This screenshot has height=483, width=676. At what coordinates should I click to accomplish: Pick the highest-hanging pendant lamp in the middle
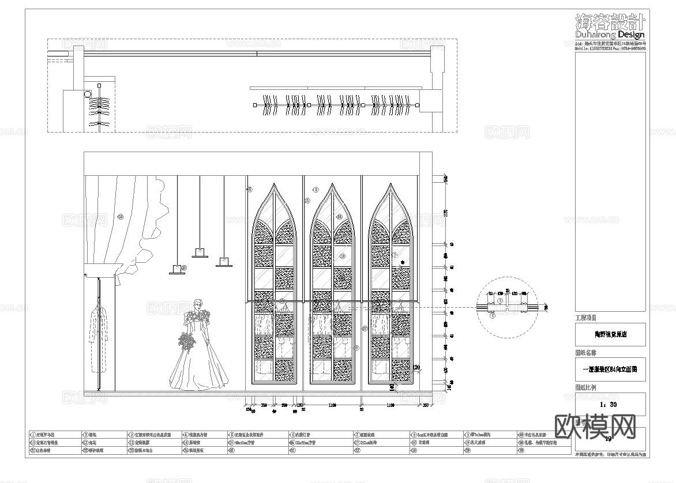[200, 252]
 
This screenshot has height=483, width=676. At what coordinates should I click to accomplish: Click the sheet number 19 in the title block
[608, 439]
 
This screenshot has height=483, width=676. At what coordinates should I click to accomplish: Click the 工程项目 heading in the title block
[586, 318]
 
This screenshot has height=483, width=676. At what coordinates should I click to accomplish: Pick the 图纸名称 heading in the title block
[586, 352]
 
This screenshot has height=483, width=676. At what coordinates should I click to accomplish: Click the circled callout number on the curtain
[121, 217]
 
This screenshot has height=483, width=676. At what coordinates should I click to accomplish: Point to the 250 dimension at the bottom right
[425, 406]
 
